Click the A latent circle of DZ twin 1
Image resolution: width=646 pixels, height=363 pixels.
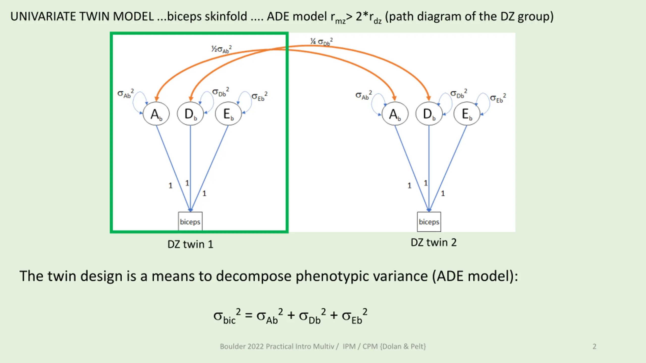156,114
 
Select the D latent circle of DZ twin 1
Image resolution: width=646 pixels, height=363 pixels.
190,114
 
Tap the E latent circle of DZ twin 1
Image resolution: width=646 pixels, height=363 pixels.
228,114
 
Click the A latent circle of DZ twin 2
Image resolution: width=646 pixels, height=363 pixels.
395,114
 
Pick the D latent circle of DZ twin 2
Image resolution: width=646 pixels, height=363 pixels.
429,114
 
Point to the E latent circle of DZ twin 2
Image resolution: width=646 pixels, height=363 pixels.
467,114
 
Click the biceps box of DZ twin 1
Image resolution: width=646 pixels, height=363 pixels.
190,222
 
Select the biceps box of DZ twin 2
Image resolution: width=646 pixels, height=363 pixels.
429,222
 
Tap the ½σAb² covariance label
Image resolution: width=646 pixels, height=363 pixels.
222,49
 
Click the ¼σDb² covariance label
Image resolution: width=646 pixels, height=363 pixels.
321,42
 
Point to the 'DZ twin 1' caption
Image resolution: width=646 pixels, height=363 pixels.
190,244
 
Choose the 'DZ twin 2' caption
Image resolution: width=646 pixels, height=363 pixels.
434,243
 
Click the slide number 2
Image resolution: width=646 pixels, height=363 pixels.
594,346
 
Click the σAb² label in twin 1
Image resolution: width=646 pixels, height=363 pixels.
125,94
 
